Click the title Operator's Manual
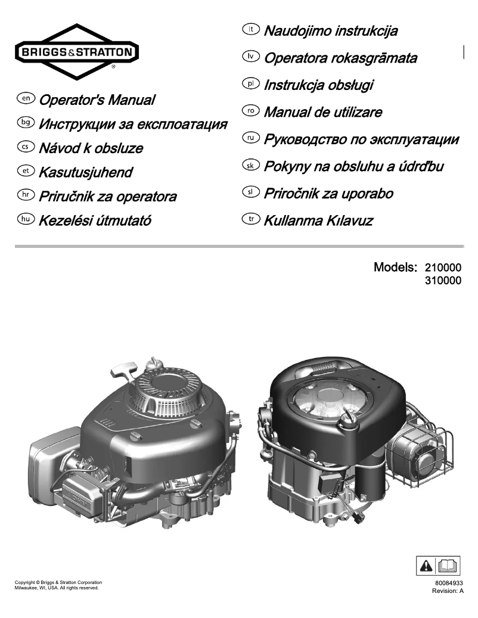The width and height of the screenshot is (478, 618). (97, 100)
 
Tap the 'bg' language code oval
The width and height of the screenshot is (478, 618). (27, 122)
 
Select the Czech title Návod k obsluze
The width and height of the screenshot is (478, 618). (91, 148)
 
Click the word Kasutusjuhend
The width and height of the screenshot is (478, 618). (85, 173)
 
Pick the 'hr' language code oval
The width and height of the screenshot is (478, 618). (27, 195)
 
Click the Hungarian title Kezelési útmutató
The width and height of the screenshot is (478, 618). (95, 221)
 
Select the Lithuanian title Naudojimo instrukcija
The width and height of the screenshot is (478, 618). (330, 30)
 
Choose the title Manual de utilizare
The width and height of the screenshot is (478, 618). (322, 112)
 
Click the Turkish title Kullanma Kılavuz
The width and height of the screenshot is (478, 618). (318, 221)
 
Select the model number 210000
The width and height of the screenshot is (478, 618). (443, 268)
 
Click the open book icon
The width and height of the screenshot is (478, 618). (449, 564)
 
